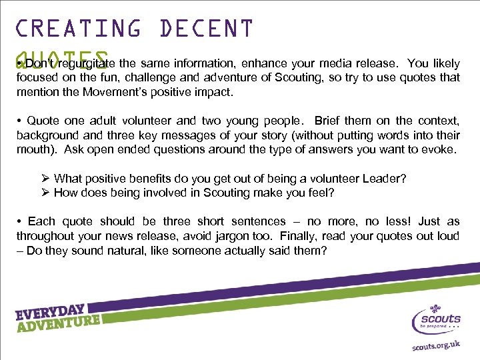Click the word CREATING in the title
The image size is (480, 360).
pyautogui.click(x=79, y=29)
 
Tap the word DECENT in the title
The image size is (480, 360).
pyautogui.click(x=207, y=29)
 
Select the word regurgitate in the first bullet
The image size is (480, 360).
pyautogui.click(x=87, y=64)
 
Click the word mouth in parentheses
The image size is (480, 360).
pyautogui.click(x=33, y=149)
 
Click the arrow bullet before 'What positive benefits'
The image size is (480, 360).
pyautogui.click(x=45, y=179)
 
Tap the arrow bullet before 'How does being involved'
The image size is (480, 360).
pyautogui.click(x=45, y=193)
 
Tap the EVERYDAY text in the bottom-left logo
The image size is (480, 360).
pyautogui.click(x=50, y=313)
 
